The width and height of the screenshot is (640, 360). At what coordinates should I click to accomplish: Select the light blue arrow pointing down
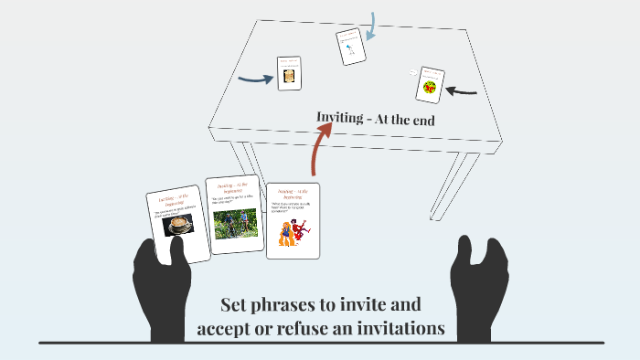[x=369, y=25]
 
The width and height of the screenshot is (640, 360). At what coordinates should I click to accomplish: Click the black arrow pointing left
[x=464, y=90]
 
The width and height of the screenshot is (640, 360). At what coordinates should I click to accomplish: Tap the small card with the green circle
[x=429, y=85]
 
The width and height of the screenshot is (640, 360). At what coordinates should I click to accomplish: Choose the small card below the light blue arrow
[x=350, y=46]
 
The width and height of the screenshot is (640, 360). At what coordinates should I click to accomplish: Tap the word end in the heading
[x=420, y=119]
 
